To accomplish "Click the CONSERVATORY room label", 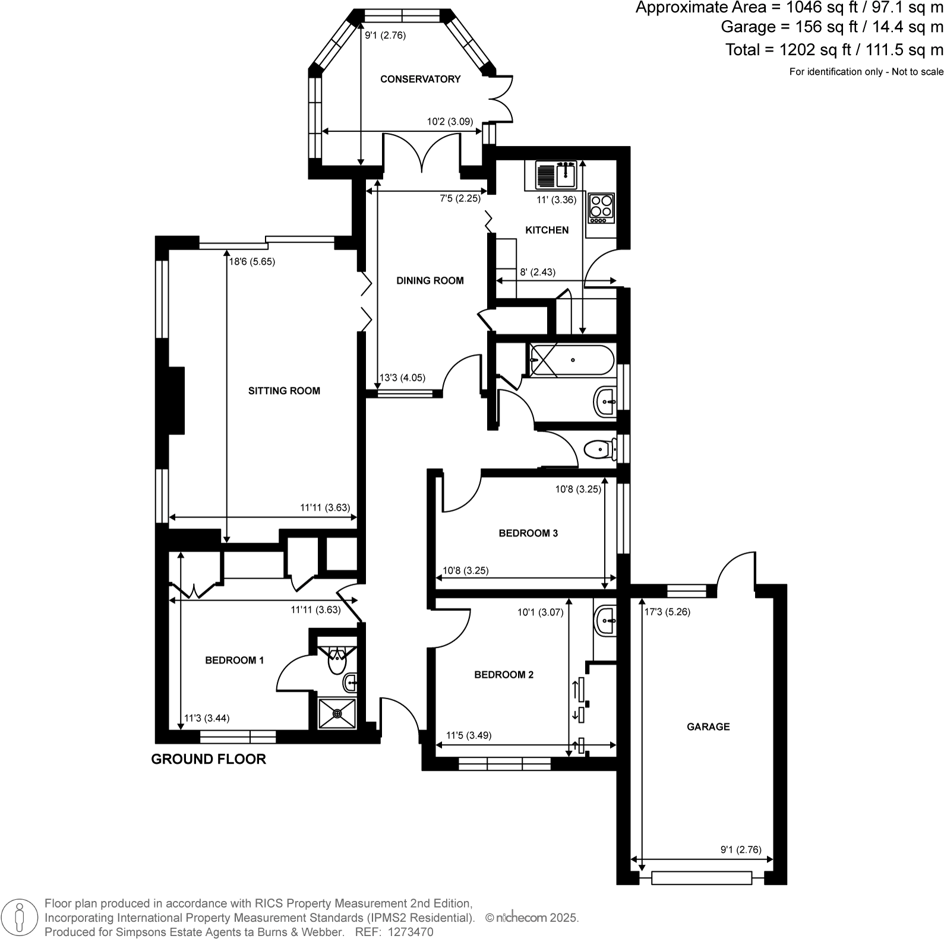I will pos(420,79).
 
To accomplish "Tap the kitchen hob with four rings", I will pos(601,207).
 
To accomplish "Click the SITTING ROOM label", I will pos(284,391).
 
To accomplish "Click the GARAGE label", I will pos(708,727).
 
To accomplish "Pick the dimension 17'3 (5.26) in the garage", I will pos(668,612).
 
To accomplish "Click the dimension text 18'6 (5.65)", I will pos(252,261).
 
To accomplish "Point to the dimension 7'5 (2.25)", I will pos(460,199).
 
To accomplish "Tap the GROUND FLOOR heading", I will pos(209,759).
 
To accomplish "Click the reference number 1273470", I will pos(411,932).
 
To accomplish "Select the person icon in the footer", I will pos(20,917).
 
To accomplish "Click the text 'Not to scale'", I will pos(917,72).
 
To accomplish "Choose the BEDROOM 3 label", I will pos(528,533).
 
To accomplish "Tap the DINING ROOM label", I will pos(430,281).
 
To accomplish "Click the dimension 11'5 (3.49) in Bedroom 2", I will pos(469,735).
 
